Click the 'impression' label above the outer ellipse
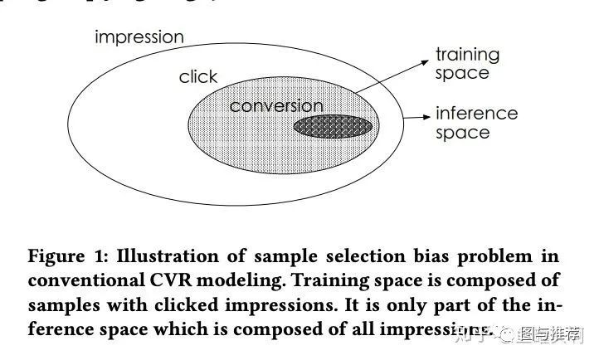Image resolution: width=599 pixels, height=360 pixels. click(x=139, y=37)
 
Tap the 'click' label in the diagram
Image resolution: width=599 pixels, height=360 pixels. click(x=197, y=77)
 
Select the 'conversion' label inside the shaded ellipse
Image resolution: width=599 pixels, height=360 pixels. click(x=275, y=106)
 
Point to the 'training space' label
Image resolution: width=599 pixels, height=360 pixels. click(x=467, y=64)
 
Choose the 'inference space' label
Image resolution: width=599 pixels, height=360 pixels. click(x=475, y=123)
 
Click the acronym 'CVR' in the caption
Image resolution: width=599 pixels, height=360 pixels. click(x=168, y=281)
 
